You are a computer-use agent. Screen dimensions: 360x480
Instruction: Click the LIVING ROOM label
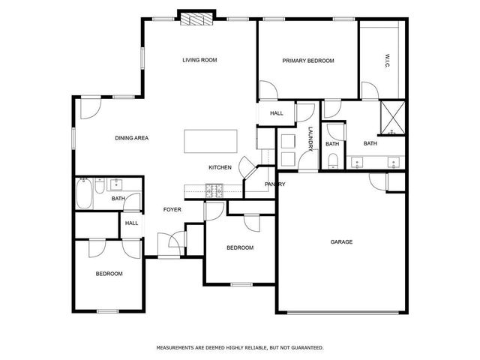click(x=199, y=60)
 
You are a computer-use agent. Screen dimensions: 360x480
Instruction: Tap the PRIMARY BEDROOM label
click(x=307, y=61)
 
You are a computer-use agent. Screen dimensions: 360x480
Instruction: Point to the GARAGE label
click(x=342, y=241)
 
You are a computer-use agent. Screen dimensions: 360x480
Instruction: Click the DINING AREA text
click(x=131, y=138)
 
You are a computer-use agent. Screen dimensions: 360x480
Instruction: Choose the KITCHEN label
click(x=220, y=167)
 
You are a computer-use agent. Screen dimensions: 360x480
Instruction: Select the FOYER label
click(x=172, y=209)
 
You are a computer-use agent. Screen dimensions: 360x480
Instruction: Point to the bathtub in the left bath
click(x=84, y=193)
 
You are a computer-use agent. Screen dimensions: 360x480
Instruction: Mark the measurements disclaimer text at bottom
click(x=240, y=347)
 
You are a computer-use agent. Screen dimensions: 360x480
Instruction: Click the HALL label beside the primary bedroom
click(x=277, y=113)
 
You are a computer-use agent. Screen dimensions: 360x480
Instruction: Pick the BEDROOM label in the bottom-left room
click(x=109, y=274)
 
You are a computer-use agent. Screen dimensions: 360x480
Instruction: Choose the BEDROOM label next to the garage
click(x=240, y=247)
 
